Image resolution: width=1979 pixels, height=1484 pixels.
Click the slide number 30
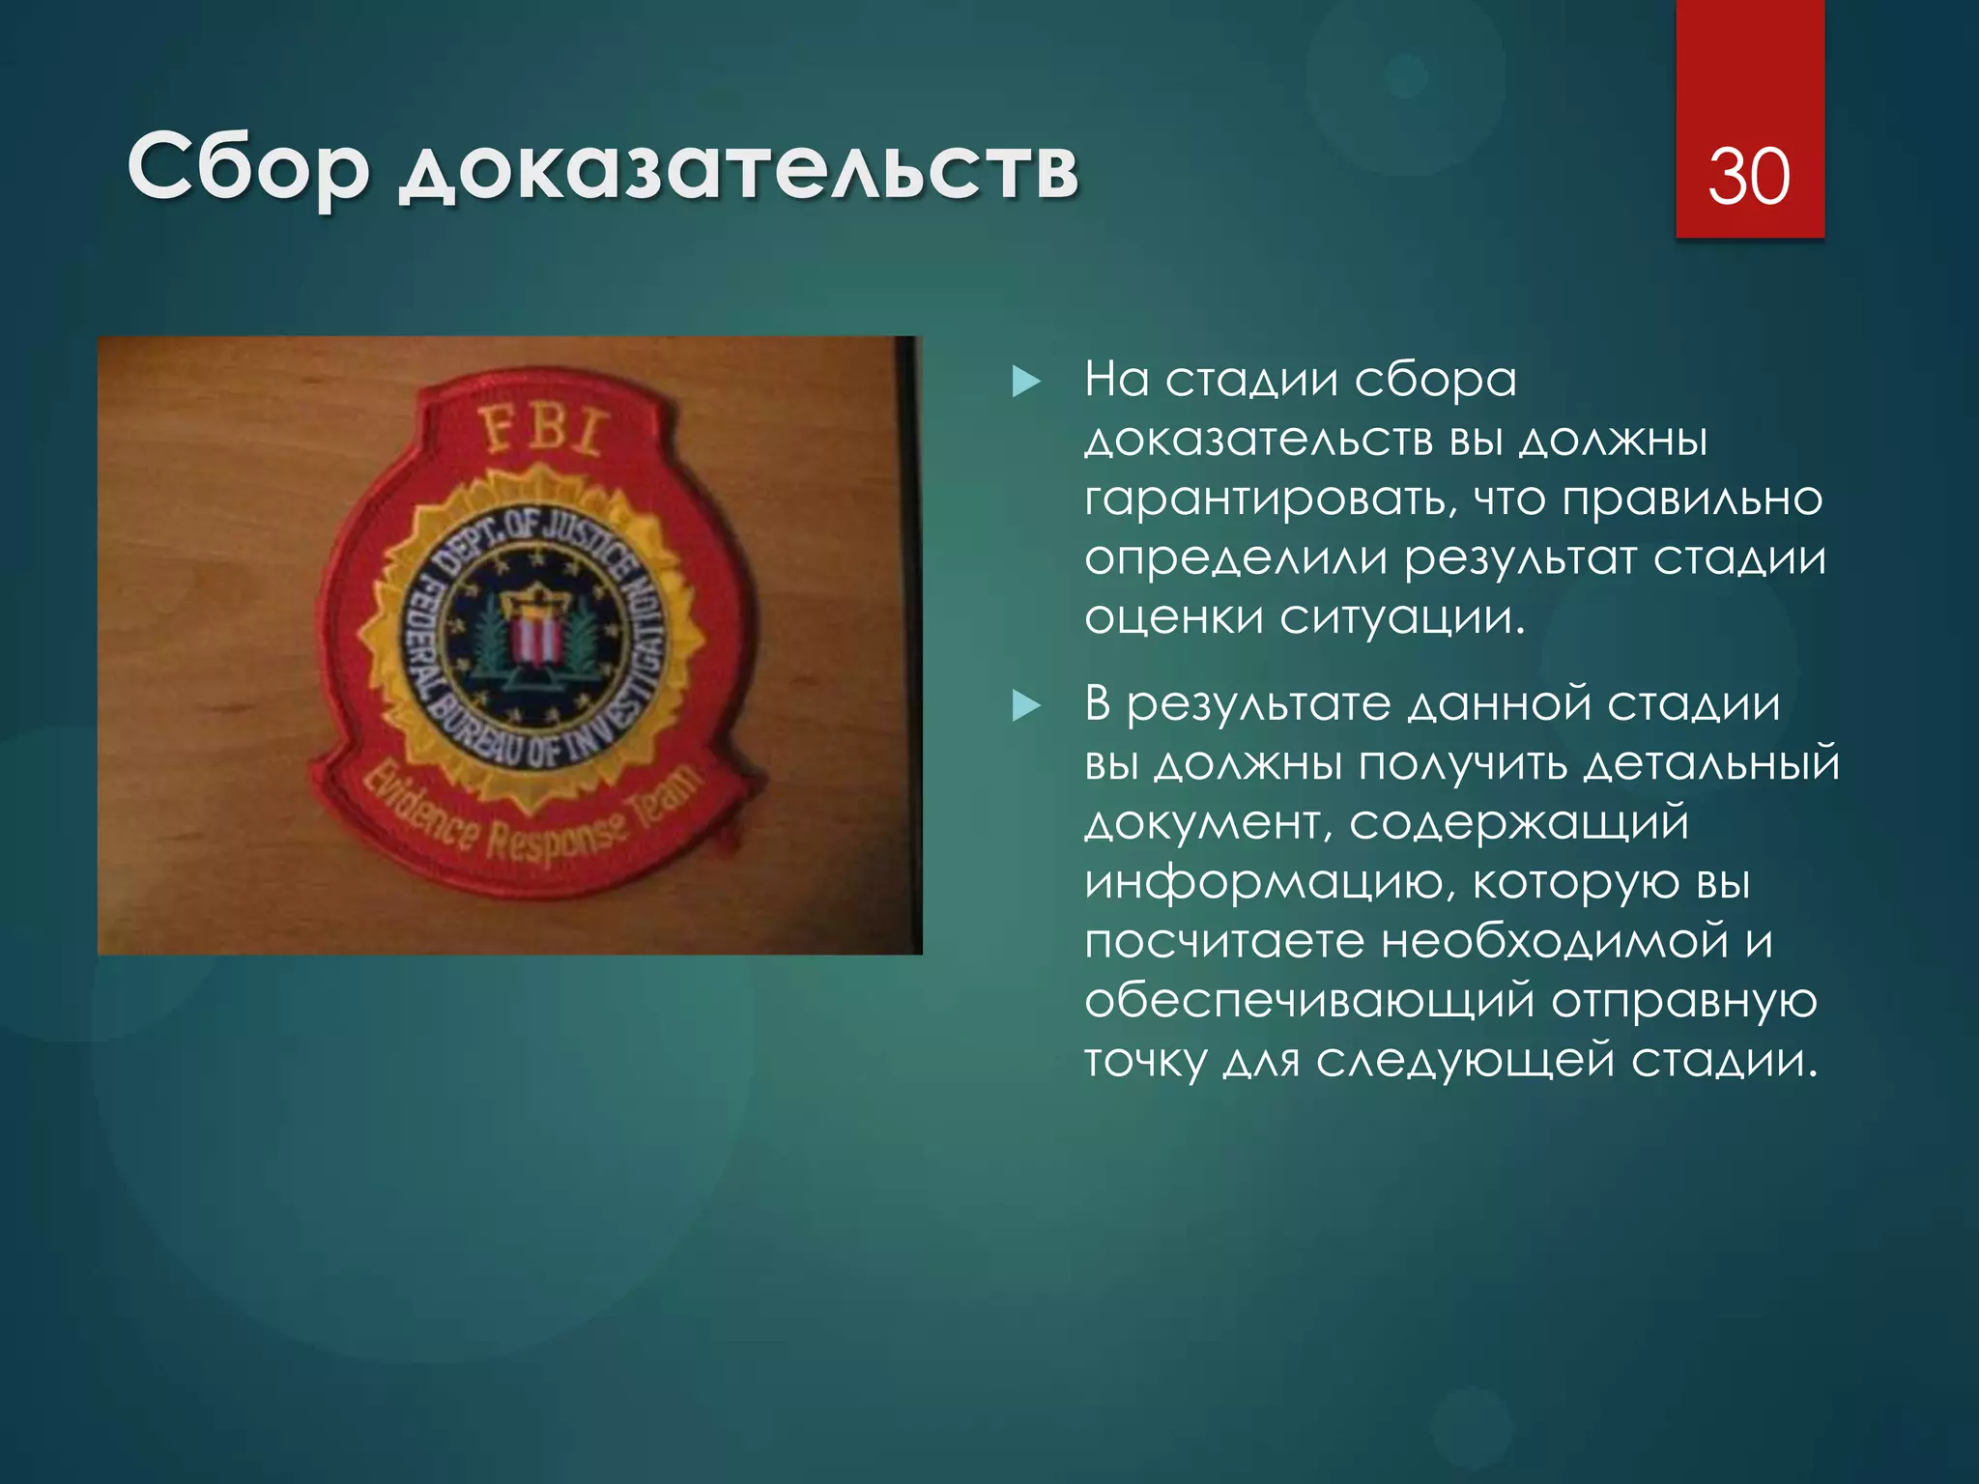point(1749,177)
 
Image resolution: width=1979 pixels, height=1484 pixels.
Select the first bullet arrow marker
point(1025,382)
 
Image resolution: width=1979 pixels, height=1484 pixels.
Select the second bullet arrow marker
point(1025,706)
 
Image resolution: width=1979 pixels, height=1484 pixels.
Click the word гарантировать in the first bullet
point(1267,500)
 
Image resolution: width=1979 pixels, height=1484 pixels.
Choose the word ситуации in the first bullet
point(1402,618)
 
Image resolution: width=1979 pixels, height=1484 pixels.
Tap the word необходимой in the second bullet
point(1555,942)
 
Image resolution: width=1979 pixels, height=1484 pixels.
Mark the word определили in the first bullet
point(1235,559)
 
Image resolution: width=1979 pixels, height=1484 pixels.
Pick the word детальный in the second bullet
point(1711,764)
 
